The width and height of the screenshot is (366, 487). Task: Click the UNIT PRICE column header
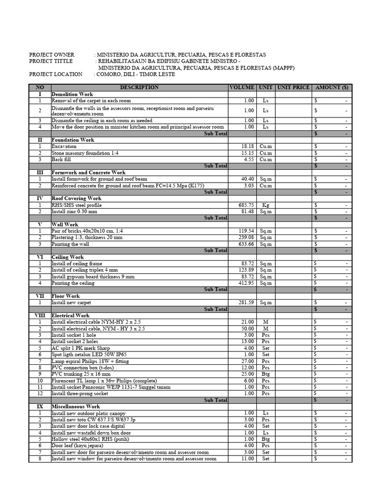click(x=294, y=88)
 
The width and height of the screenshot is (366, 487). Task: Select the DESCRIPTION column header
click(x=139, y=88)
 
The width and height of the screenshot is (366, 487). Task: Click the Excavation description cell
click(x=64, y=146)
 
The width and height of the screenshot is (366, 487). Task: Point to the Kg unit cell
click(x=265, y=205)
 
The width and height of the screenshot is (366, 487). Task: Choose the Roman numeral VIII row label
click(x=40, y=315)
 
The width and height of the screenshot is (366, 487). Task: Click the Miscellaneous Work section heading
click(x=76, y=407)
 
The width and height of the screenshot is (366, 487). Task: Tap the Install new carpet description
click(x=71, y=302)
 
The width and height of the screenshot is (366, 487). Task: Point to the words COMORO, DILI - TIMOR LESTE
click(x=136, y=74)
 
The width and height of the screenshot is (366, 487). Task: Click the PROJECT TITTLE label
click(x=51, y=61)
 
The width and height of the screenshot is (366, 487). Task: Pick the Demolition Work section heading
click(x=72, y=94)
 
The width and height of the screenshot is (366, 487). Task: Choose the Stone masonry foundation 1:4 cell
click(x=84, y=153)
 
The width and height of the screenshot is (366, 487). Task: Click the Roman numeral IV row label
click(x=40, y=198)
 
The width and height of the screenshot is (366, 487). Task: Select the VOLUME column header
click(x=243, y=88)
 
